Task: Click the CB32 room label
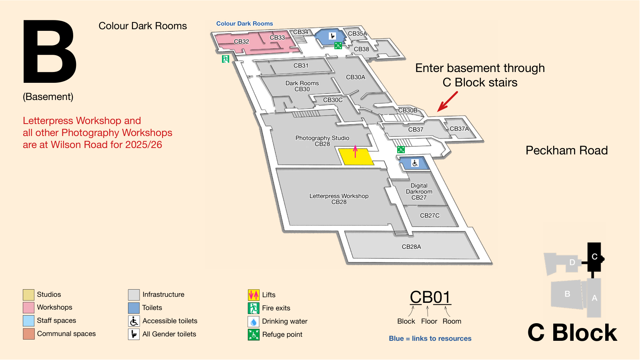click(242, 42)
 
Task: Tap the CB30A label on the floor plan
click(356, 77)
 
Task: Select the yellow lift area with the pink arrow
click(356, 156)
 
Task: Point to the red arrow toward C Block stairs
click(448, 102)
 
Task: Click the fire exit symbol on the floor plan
click(226, 59)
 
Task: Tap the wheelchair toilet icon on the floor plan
click(415, 163)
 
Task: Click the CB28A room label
click(412, 247)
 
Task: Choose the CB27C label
click(430, 216)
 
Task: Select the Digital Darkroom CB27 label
click(419, 192)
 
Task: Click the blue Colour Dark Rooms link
click(244, 24)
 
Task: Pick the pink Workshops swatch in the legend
click(28, 308)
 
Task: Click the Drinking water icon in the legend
click(254, 322)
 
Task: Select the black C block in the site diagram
click(594, 257)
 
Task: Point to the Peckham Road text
click(566, 150)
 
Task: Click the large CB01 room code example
click(430, 297)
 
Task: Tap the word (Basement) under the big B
click(48, 97)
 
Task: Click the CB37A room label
click(459, 129)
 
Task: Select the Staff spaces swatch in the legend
click(28, 321)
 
